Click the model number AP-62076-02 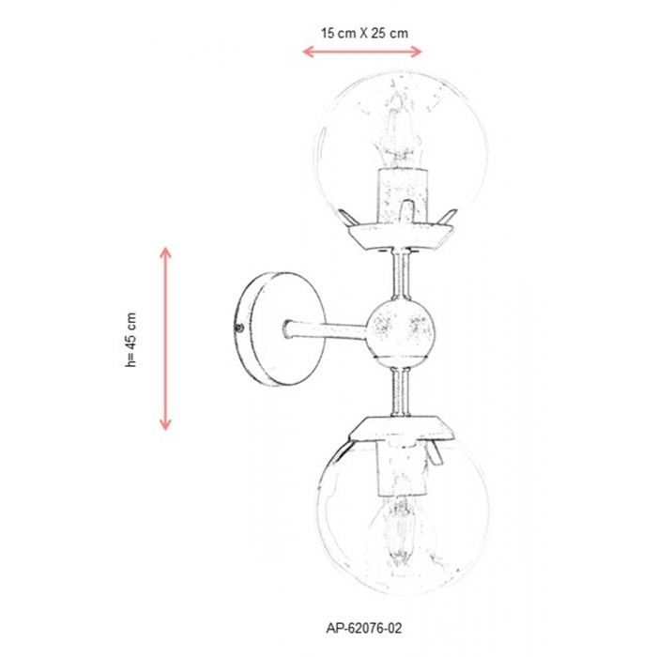(x=364, y=628)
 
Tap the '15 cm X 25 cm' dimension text (x=364, y=33)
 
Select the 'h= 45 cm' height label (x=131, y=340)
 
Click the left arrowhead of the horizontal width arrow (x=308, y=52)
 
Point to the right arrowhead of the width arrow (x=417, y=52)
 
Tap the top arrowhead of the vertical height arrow (x=165, y=252)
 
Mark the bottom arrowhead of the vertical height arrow (x=165, y=425)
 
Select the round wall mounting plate (x=280, y=328)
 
